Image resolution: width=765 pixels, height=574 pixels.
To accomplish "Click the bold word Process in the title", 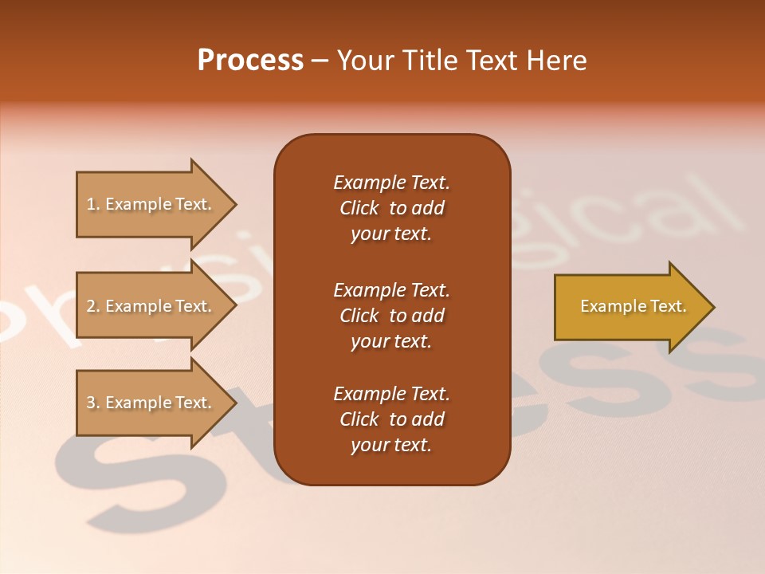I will pyautogui.click(x=250, y=61).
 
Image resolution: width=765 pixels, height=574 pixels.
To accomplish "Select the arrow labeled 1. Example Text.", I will pyautogui.click(x=148, y=205).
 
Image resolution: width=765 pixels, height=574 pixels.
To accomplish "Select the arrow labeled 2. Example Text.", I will pyautogui.click(x=148, y=306).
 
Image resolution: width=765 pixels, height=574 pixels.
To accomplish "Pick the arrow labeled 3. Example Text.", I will pyautogui.click(x=148, y=403).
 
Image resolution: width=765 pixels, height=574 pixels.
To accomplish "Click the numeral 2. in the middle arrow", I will pyautogui.click(x=93, y=306).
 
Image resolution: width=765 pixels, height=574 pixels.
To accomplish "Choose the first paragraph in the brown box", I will pyautogui.click(x=391, y=208).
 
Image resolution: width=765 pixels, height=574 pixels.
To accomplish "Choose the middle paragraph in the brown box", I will pyautogui.click(x=391, y=316).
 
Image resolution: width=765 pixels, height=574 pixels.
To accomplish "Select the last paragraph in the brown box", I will pyautogui.click(x=391, y=419).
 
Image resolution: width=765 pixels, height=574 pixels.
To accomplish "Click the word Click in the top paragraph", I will pyautogui.click(x=359, y=209).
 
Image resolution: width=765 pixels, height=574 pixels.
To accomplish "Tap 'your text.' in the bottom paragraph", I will pyautogui.click(x=391, y=446).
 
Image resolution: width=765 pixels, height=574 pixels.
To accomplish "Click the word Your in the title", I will pyautogui.click(x=366, y=61).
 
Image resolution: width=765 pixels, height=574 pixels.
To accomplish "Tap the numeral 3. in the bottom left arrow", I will pyautogui.click(x=93, y=403).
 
